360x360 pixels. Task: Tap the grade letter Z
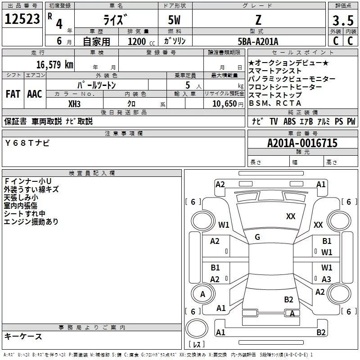click(x=257, y=19)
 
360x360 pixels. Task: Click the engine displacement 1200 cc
click(x=139, y=41)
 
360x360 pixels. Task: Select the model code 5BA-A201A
click(x=258, y=41)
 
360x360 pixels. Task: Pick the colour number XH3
click(x=74, y=103)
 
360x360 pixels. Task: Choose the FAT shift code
click(x=13, y=94)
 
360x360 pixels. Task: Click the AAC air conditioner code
click(x=35, y=94)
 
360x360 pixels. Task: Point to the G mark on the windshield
click(x=257, y=237)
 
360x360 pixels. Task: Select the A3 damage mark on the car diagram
click(x=326, y=279)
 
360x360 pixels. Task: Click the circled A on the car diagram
click(x=202, y=294)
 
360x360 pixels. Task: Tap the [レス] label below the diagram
click(x=196, y=345)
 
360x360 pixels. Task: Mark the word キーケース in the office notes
click(x=23, y=336)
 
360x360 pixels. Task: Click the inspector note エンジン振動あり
click(x=31, y=221)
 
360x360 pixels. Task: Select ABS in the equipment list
click(x=289, y=121)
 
